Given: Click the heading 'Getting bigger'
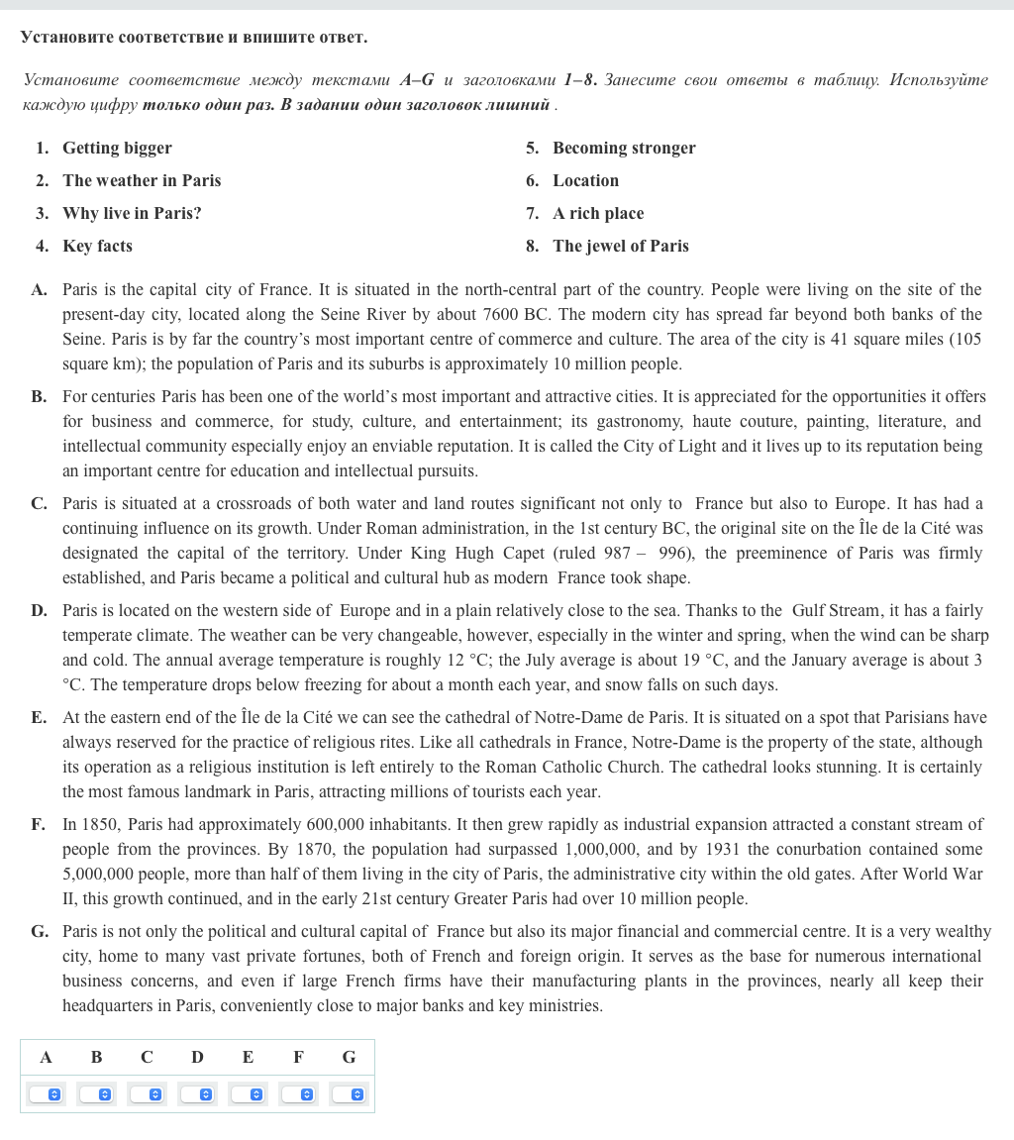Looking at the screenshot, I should point(117,149).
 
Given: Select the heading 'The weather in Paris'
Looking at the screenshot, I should point(142,181).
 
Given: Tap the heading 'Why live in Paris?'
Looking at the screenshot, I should point(132,214).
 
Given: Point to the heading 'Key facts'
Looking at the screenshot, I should point(97,247).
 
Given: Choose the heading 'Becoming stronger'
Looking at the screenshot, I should point(624,149).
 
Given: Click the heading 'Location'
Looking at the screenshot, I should point(585,181).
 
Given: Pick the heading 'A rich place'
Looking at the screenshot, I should point(598,214).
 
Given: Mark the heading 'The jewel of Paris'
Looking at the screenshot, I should point(621,247).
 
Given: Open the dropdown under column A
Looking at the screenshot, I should point(46,1094).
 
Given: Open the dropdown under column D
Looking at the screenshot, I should point(197,1094).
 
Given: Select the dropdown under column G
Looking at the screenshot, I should point(349,1094).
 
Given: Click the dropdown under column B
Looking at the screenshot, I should point(96,1094).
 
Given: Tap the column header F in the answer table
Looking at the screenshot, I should point(298,1058).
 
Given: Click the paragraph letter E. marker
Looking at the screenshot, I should point(39,718).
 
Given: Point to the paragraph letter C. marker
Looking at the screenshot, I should point(39,504).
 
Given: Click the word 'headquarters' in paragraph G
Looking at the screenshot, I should point(109,1006).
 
